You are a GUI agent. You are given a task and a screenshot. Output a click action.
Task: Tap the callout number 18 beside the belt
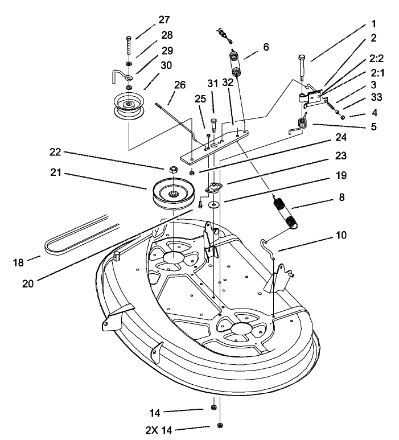[x=18, y=263]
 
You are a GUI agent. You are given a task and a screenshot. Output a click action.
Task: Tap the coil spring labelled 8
[x=285, y=212]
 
